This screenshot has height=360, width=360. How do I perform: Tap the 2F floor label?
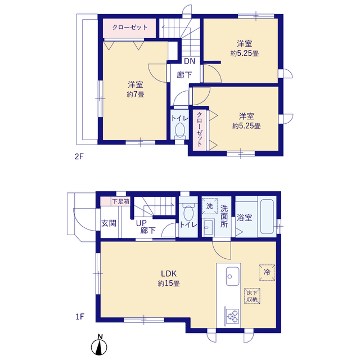point(79,156)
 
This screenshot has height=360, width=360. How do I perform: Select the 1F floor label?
point(80,317)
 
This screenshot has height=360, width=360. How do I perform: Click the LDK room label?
point(169,273)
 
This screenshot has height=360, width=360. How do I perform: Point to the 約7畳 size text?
point(136,94)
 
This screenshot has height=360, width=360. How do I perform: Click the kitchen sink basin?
point(232,276)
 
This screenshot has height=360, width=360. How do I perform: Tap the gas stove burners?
point(232,316)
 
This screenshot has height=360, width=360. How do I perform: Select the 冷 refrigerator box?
point(267,272)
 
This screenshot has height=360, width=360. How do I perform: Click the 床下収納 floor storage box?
point(252,296)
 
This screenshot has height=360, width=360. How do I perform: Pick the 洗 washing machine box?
point(209,206)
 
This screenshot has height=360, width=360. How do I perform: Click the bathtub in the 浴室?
point(267,217)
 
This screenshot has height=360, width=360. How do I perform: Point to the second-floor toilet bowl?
point(180,130)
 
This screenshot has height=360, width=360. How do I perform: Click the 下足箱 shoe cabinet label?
point(121,201)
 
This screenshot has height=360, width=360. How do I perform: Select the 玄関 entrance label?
point(109,223)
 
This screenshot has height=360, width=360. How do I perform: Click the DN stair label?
point(190,61)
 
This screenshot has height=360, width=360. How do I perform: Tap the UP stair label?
point(141,223)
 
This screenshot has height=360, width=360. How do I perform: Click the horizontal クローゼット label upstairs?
point(130,28)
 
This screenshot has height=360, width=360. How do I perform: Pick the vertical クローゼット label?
point(200,129)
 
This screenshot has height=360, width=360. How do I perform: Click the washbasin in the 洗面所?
point(209,227)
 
